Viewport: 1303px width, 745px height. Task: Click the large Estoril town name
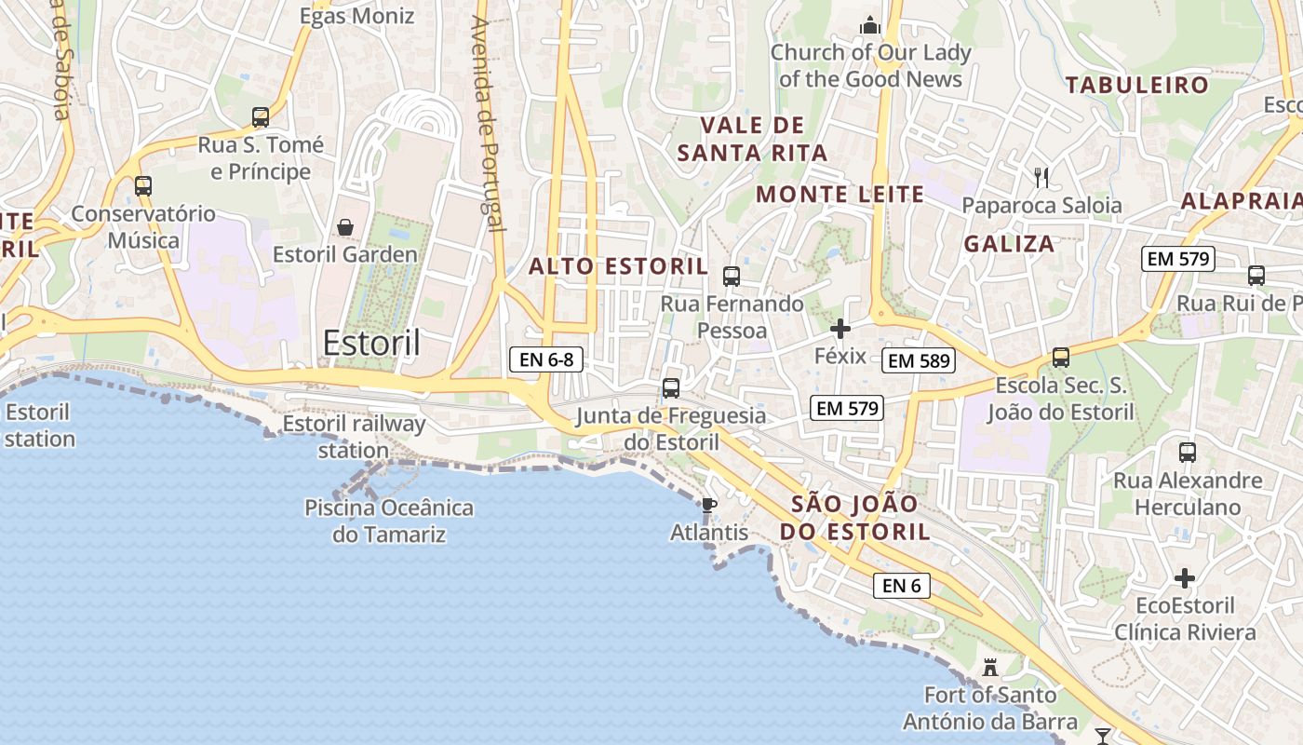(x=371, y=344)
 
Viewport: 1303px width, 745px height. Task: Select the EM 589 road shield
(x=920, y=360)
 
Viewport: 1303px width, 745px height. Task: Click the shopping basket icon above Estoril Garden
(x=345, y=227)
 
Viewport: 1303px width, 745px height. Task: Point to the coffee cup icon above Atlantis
(x=708, y=506)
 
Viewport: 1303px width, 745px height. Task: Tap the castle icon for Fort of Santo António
(x=990, y=668)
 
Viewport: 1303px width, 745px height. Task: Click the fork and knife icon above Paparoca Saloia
(x=1041, y=177)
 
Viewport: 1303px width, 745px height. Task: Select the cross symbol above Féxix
(x=840, y=329)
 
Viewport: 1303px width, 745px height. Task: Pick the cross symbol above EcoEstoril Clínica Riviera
(x=1184, y=578)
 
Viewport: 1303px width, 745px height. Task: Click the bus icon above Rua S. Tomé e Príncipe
(x=261, y=117)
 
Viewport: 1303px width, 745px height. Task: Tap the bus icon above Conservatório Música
(x=143, y=185)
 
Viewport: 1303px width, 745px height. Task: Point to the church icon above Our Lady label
(x=870, y=25)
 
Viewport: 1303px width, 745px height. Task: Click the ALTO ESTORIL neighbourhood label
(x=619, y=266)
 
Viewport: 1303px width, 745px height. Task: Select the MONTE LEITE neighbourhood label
(x=840, y=195)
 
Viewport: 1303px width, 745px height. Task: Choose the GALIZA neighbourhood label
(x=1009, y=244)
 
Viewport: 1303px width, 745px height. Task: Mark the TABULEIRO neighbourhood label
(x=1137, y=86)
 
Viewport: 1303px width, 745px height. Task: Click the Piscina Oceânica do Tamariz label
(x=389, y=521)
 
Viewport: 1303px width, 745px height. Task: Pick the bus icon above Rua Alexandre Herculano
(x=1188, y=453)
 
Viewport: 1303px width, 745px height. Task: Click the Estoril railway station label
(x=354, y=437)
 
